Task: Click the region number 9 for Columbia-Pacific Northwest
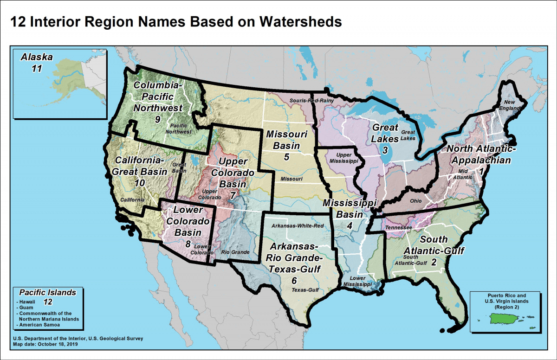[x=158, y=120]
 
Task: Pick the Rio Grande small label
[x=235, y=252]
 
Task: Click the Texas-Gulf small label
[x=305, y=290]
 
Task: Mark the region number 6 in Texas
[x=294, y=281]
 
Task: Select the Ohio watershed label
[x=416, y=201]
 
